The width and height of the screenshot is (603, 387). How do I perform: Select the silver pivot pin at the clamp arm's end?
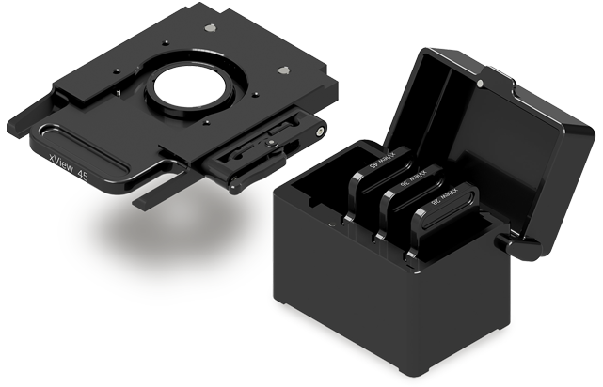pos(321,131)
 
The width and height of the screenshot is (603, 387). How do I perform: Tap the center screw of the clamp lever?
pos(271,143)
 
